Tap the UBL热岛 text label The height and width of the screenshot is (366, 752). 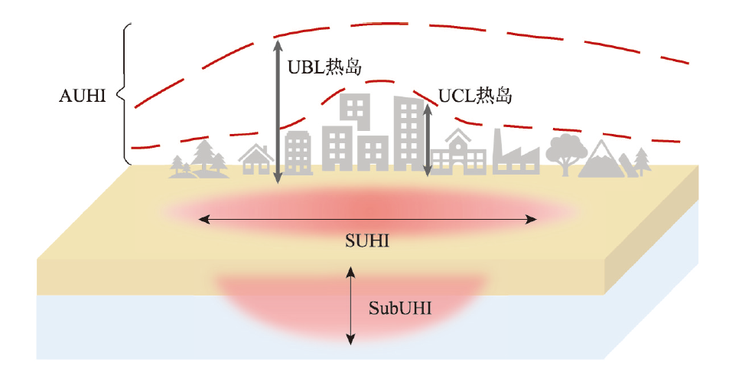point(324,67)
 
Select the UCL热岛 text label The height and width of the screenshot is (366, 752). point(474,96)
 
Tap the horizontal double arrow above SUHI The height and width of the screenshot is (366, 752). point(368,220)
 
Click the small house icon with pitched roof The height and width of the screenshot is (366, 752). point(257,158)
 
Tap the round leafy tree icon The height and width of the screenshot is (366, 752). point(568,154)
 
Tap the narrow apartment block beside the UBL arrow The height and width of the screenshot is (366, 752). point(298,153)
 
